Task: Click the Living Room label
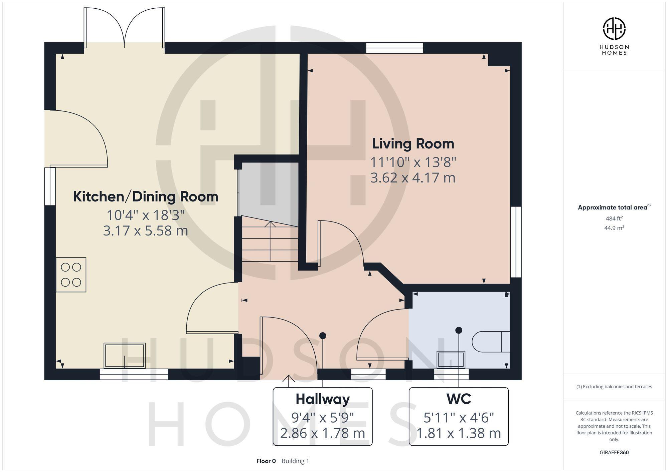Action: point(413,144)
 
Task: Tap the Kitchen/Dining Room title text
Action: point(146,196)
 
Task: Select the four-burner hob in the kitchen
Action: point(71,275)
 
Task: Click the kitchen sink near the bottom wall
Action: point(125,356)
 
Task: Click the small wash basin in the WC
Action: point(451,360)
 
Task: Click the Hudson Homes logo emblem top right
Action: point(614,29)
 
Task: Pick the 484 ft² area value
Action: point(614,218)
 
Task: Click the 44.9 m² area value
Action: point(614,228)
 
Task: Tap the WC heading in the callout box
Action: point(459,399)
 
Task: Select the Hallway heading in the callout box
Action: point(322,399)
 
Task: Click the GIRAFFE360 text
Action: point(614,453)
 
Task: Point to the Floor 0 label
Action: point(266,461)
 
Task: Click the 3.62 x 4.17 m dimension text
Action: point(413,178)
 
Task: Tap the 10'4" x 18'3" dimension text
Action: point(146,215)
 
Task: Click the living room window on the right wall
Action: point(516,242)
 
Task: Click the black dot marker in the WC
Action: point(459,330)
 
